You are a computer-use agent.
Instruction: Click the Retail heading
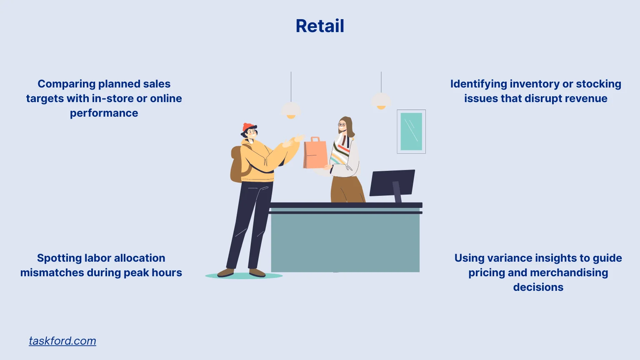[320, 26]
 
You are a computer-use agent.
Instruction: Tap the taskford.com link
[62, 341]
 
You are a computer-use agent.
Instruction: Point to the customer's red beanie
[248, 127]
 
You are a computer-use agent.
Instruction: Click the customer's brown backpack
[237, 165]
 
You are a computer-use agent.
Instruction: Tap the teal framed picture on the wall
[411, 132]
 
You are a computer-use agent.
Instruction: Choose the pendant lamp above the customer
[291, 110]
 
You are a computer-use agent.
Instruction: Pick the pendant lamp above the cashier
[381, 101]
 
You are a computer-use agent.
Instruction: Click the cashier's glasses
[342, 124]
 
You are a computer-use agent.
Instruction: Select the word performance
[104, 113]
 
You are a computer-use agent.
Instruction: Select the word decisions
[538, 287]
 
